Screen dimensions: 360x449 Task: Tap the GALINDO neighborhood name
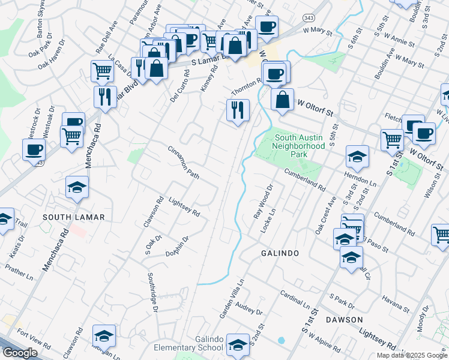[280, 253]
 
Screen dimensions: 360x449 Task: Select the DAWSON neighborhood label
[345, 319]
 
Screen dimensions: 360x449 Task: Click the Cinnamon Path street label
[183, 162]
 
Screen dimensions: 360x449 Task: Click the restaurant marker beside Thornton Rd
[238, 110]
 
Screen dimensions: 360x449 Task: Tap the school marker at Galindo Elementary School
[238, 344]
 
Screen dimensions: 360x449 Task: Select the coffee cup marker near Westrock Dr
[34, 149]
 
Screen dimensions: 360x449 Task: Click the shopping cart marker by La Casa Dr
[103, 71]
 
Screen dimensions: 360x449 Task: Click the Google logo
[20, 353]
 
